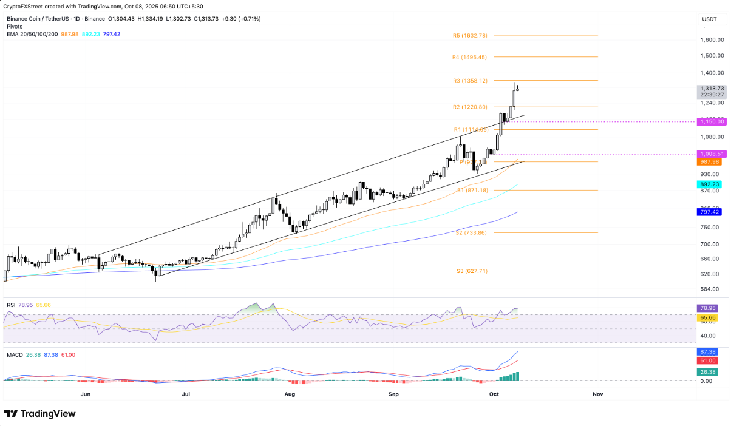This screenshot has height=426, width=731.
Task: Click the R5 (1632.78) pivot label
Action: (x=470, y=36)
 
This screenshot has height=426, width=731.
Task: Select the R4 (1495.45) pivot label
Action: (x=470, y=57)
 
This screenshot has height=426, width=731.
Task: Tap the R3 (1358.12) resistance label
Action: (x=470, y=81)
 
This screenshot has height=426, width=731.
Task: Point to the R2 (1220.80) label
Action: (x=470, y=107)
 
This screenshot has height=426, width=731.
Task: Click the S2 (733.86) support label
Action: (x=472, y=233)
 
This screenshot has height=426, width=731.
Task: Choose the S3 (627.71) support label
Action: (x=472, y=271)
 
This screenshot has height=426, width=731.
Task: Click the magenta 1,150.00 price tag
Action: (x=709, y=122)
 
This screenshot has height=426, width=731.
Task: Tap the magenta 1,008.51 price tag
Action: (x=709, y=154)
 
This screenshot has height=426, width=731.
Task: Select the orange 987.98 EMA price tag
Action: (x=708, y=161)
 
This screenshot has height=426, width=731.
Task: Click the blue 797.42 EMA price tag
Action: (x=708, y=212)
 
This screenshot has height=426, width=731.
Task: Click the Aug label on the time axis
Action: (x=290, y=394)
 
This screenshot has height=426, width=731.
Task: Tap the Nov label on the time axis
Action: (x=597, y=394)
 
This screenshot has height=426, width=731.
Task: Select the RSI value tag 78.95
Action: (x=706, y=309)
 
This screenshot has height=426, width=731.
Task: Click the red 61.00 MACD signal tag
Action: (x=706, y=360)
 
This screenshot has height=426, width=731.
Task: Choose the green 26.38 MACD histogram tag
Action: (x=706, y=373)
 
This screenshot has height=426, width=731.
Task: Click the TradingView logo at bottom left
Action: (x=40, y=414)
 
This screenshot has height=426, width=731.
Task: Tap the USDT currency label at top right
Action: (x=709, y=19)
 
